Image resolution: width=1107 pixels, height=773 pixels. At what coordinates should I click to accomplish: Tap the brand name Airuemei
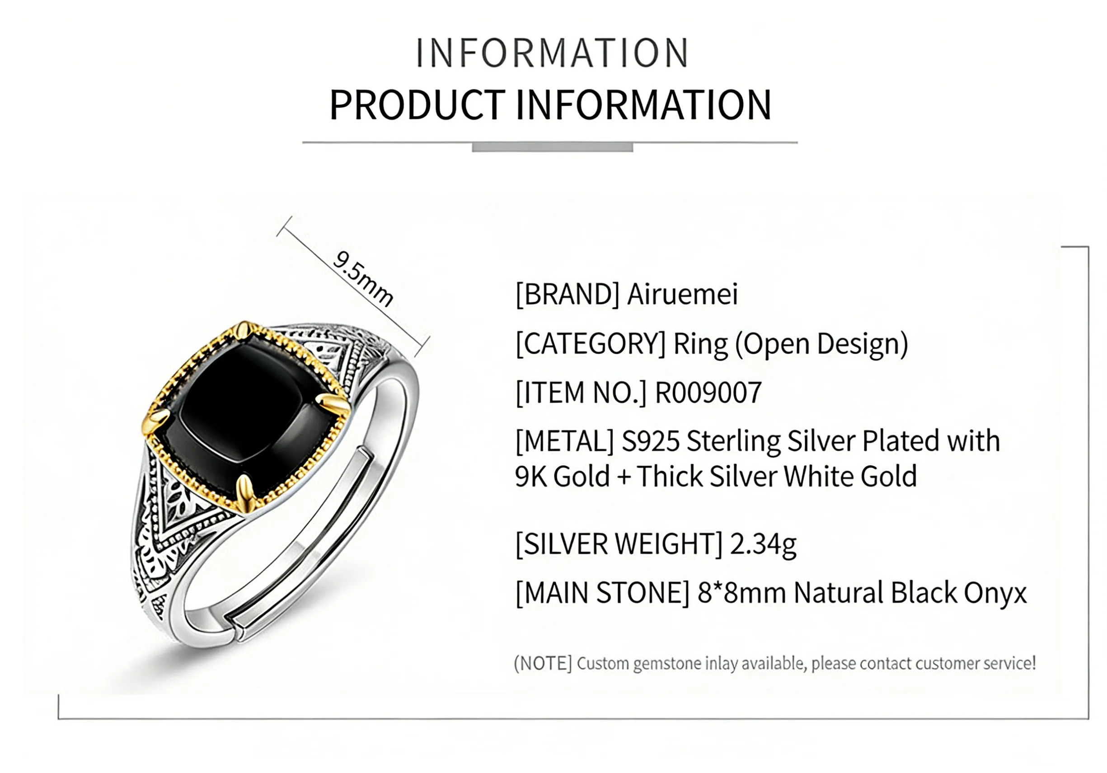(682, 294)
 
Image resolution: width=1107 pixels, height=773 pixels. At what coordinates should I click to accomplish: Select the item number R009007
(708, 392)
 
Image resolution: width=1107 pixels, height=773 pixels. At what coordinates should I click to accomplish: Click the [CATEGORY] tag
(591, 343)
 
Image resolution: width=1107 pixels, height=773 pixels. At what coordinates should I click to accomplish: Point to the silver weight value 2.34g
(763, 544)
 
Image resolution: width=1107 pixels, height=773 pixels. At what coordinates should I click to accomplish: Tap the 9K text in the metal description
(531, 477)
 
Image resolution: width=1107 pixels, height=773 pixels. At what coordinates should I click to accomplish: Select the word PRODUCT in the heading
(417, 105)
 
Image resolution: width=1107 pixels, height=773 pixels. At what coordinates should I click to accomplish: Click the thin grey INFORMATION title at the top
(552, 52)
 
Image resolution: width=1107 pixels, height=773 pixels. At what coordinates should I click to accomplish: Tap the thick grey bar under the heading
(553, 148)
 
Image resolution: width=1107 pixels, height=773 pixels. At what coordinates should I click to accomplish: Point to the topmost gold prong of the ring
(245, 333)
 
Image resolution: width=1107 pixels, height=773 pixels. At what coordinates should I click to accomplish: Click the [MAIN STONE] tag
(603, 593)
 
